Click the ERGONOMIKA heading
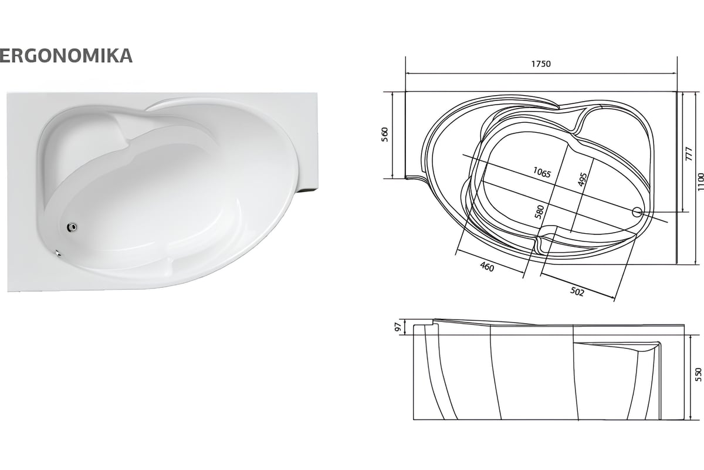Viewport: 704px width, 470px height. (x=66, y=56)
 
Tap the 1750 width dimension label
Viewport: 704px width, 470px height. (x=541, y=64)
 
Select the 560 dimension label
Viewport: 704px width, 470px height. (x=385, y=135)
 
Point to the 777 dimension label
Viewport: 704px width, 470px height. (x=689, y=154)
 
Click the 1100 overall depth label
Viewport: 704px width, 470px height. (x=700, y=182)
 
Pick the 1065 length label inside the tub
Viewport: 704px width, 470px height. (x=542, y=172)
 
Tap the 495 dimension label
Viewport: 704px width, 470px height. (x=583, y=179)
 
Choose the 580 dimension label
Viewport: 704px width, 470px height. (x=540, y=212)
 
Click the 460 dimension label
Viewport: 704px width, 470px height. (x=487, y=267)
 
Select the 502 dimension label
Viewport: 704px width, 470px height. (x=577, y=292)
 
